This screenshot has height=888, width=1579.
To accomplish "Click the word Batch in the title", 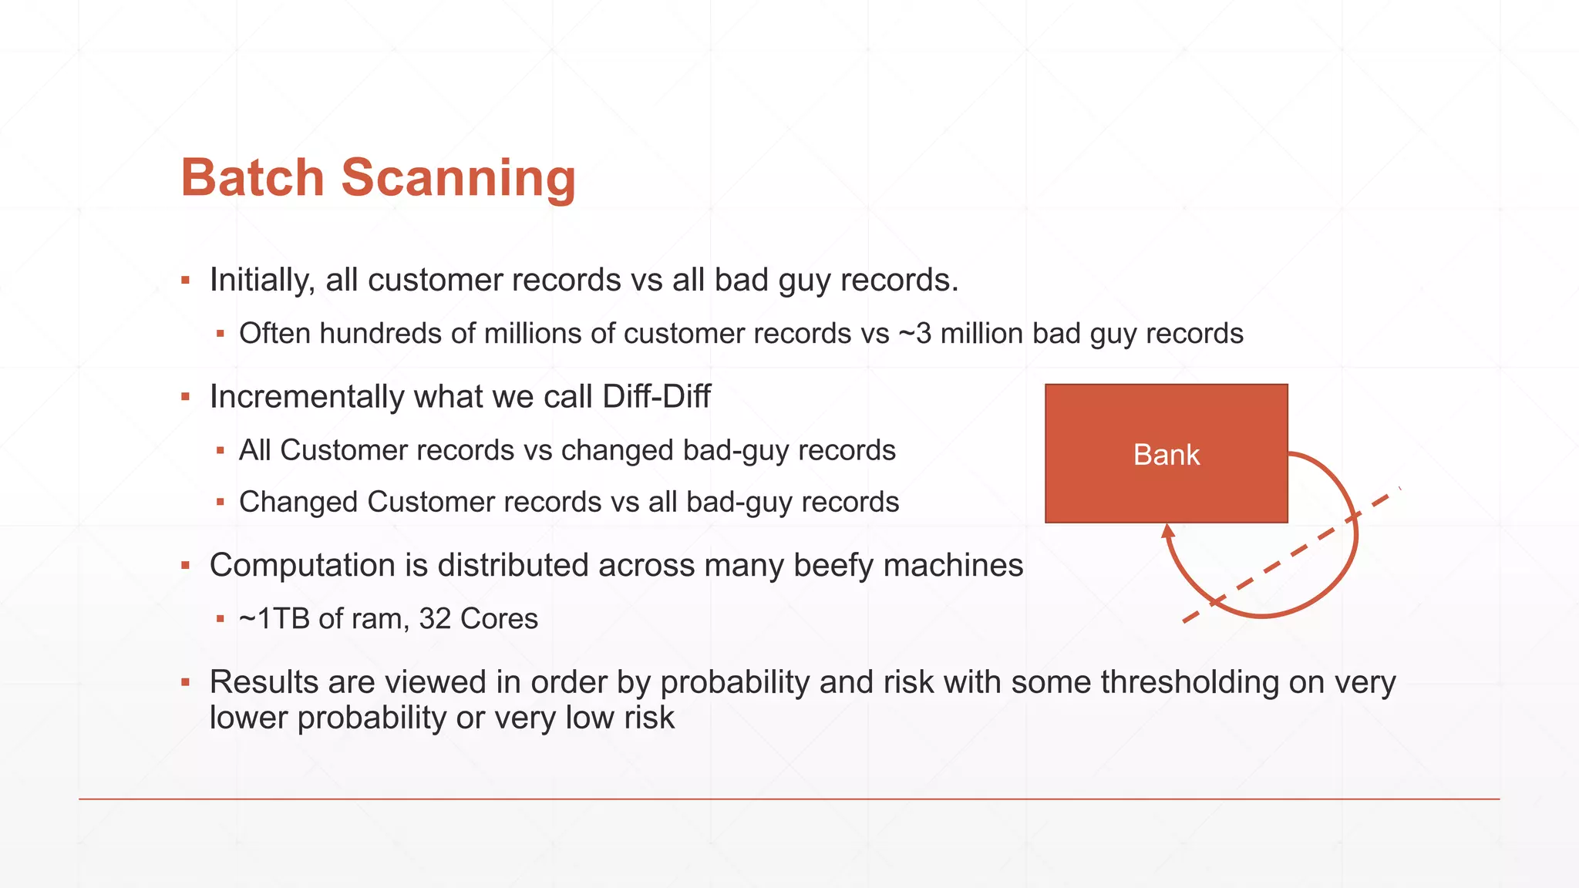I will tap(252, 178).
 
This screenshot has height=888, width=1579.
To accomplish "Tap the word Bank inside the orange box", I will tap(1166, 455).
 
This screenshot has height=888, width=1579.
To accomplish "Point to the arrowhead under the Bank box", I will tap(1167, 531).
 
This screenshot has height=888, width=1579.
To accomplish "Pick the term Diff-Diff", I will tap(656, 397).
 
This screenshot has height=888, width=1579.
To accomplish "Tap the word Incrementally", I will tap(306, 397).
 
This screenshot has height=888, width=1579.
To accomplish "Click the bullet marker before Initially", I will tap(185, 280).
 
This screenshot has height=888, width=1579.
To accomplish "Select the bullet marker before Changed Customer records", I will tap(221, 502).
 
